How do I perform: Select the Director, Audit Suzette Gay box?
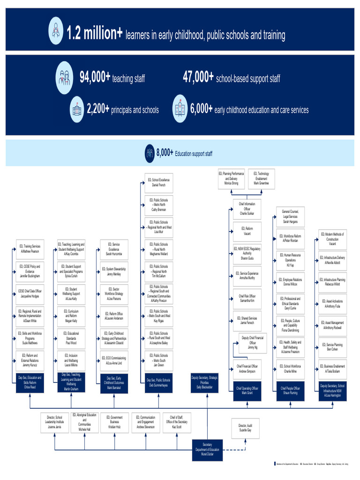(x=245, y=427)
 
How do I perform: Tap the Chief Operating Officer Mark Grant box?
(x=247, y=390)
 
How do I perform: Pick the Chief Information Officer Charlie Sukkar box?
(x=247, y=208)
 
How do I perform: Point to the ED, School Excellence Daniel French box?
(x=158, y=183)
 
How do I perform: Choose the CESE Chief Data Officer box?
(x=30, y=293)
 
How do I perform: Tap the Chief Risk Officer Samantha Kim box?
(x=247, y=299)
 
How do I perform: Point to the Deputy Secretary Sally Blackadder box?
(x=204, y=382)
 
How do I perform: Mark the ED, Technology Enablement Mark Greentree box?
(x=261, y=179)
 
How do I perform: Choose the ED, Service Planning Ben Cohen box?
(x=334, y=347)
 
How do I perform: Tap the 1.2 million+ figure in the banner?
(x=95, y=33)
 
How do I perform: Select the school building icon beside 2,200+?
(x=76, y=110)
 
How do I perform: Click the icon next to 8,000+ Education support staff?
(x=150, y=153)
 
